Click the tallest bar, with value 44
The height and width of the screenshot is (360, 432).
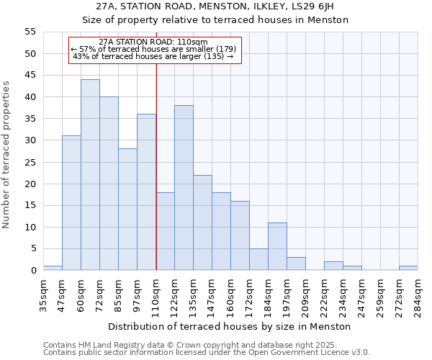[x=90, y=175]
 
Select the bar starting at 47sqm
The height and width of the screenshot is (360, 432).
[x=71, y=203]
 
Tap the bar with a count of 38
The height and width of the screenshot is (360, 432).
[x=184, y=188]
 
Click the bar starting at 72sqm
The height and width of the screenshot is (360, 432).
[x=109, y=184]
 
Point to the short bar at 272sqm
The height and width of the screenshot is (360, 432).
[x=408, y=268]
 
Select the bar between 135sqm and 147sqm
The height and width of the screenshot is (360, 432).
[x=202, y=222]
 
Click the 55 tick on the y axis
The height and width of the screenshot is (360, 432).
[x=30, y=32]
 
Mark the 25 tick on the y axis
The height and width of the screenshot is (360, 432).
[x=30, y=162]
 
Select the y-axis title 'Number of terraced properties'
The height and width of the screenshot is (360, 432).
[x=7, y=155]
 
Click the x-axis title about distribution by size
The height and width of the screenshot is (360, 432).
[x=230, y=326]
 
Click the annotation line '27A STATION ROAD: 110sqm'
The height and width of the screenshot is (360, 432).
[x=153, y=42]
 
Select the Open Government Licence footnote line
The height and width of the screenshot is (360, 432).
[x=206, y=352]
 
